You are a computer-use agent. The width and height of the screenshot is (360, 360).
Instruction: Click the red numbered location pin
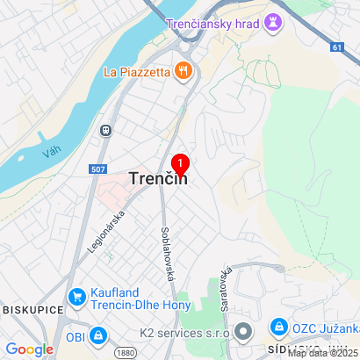(180, 164)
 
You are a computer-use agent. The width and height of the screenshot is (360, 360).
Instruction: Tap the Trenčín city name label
(158, 178)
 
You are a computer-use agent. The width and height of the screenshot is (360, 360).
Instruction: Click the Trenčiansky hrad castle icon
(277, 23)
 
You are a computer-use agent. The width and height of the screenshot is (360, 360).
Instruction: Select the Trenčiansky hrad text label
(212, 23)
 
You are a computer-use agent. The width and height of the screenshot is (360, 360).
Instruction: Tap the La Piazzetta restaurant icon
(183, 70)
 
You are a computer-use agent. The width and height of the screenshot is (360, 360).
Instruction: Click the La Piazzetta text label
(136, 70)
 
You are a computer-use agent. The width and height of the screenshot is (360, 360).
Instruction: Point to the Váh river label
(51, 153)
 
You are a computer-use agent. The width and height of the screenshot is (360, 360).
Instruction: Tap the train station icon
(105, 130)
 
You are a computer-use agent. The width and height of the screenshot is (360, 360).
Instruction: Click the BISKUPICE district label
(31, 310)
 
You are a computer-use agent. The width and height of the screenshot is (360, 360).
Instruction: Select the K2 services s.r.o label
(184, 333)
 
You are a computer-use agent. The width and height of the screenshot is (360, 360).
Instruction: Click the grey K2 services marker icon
(244, 332)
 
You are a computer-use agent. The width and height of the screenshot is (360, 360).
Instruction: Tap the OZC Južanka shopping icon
(278, 327)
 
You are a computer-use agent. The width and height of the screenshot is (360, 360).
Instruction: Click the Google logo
(29, 349)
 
